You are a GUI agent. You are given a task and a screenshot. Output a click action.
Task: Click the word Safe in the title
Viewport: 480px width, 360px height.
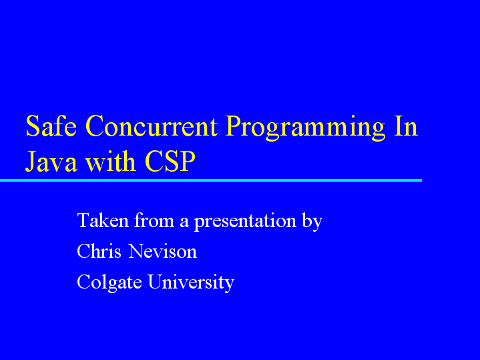coord(51,126)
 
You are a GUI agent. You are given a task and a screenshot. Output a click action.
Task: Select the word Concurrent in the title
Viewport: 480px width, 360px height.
coord(152,126)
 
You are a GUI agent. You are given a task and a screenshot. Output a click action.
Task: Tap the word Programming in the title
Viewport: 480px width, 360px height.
coord(305,128)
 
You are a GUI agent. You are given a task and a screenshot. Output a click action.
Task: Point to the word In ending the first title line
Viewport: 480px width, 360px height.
coord(406,126)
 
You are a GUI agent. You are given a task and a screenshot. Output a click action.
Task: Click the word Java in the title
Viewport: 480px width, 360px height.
coord(51,161)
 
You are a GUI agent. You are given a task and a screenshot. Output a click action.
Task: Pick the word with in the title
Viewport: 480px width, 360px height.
coord(111,160)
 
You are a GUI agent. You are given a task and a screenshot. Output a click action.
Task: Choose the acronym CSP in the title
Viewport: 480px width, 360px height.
coord(170,161)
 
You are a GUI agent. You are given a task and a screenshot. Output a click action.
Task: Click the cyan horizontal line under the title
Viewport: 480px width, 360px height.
coord(211,180)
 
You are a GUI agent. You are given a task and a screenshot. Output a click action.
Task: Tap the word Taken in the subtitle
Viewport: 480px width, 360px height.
coord(103,220)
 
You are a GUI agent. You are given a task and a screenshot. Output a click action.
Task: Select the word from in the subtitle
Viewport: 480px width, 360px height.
coord(154,220)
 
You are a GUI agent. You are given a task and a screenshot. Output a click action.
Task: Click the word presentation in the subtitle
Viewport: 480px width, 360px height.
coord(245,222)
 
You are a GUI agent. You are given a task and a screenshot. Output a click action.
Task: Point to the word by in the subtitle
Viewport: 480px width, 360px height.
coord(312,222)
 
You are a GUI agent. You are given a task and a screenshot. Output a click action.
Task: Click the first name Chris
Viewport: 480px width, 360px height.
coord(99,251)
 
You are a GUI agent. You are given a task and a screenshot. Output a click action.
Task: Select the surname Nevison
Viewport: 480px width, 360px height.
coord(162,251)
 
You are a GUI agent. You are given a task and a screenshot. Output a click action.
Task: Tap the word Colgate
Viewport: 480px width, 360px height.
coord(109,283)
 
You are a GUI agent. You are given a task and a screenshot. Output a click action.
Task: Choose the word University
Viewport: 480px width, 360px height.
coord(191,283)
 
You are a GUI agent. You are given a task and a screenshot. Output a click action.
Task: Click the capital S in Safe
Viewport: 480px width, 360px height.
coord(33,126)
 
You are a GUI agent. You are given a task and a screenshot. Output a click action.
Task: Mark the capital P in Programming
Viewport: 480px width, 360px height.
coord(234,126)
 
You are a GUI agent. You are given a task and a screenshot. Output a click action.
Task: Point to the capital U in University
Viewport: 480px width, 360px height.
coord(156,282)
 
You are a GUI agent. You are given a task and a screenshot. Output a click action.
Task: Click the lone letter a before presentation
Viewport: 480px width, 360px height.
coord(184,222)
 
